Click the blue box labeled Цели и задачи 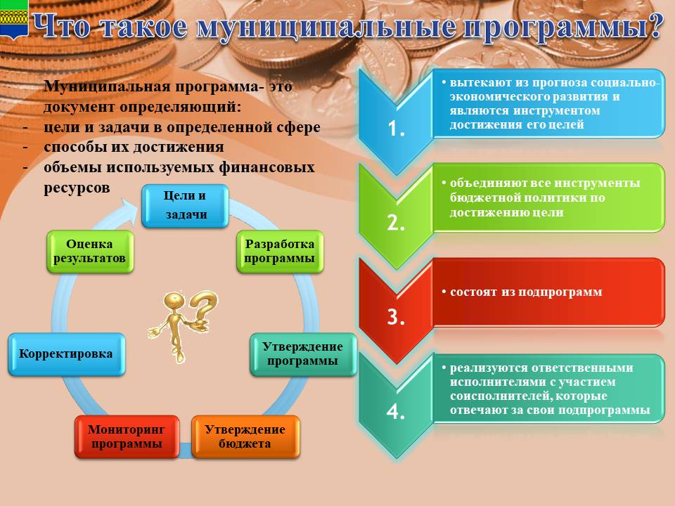coord(185,206)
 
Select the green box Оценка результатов coord(90,252)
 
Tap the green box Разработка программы coord(280,252)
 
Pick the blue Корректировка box coord(67,354)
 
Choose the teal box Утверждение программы coord(303,354)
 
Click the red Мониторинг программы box coord(127,436)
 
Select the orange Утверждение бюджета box coord(245,436)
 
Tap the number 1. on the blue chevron coord(396,128)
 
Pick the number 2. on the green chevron coord(396,223)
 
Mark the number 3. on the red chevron coord(396,317)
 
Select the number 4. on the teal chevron coord(396,412)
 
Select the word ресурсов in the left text coord(77,188)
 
